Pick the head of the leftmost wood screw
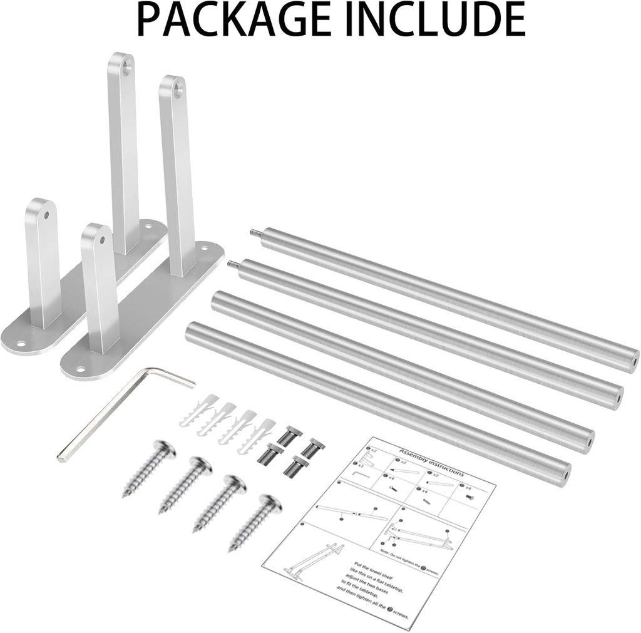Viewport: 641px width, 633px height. [x=165, y=451]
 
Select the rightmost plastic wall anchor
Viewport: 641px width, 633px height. [x=266, y=432]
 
